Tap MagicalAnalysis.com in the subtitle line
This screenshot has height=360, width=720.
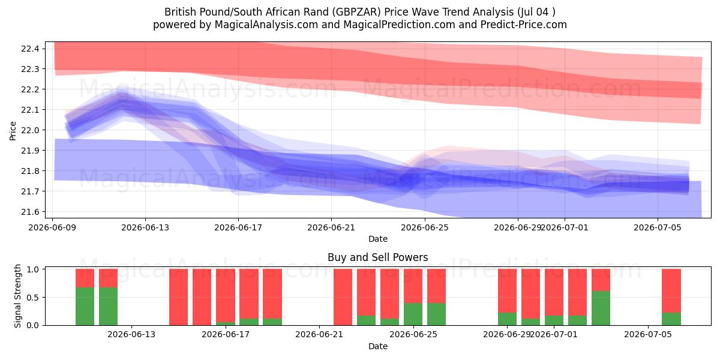point(266,25)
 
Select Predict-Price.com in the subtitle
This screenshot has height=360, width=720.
point(524,25)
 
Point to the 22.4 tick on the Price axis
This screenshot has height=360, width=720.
point(30,49)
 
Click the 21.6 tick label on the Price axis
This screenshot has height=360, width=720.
point(30,212)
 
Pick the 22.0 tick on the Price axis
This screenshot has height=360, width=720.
point(30,130)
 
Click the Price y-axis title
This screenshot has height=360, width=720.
point(13,131)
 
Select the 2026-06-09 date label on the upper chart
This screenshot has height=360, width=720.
point(52,227)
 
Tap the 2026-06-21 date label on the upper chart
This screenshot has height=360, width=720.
point(331,227)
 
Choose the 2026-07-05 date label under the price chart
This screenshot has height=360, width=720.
point(658,227)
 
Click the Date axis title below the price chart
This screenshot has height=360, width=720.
point(378,239)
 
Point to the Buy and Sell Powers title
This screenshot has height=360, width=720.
point(377,257)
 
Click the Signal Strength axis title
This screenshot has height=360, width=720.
point(17,296)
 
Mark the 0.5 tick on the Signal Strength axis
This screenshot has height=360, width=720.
point(33,298)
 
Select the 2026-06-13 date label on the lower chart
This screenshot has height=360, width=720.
point(131,334)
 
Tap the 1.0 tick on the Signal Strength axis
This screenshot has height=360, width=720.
point(33,269)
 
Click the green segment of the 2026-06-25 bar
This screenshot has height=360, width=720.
point(413,314)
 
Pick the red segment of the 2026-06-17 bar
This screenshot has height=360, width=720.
point(226,295)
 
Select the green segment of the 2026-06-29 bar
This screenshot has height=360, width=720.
point(507,319)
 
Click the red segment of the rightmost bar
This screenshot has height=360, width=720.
point(671,290)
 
